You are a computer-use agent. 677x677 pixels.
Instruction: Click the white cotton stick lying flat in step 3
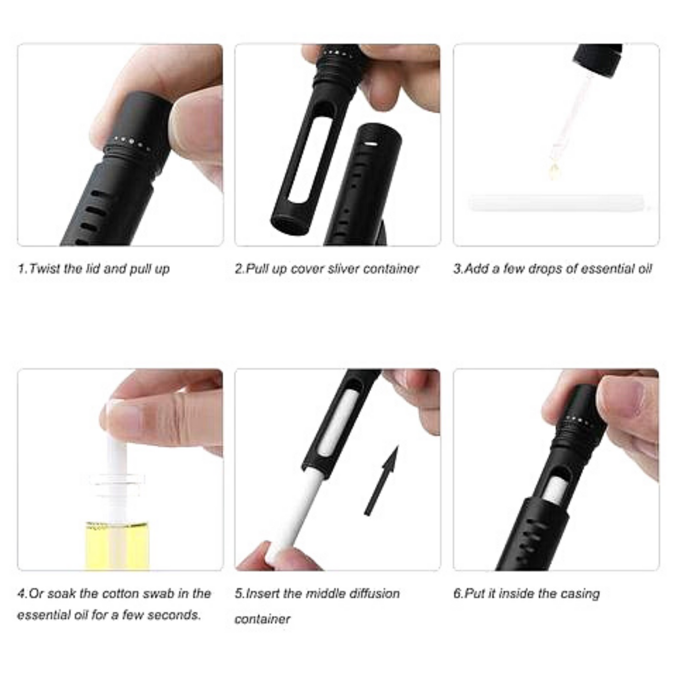558,204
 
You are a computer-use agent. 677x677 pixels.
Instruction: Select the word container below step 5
262,619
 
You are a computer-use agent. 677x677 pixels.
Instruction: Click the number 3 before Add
457,269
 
